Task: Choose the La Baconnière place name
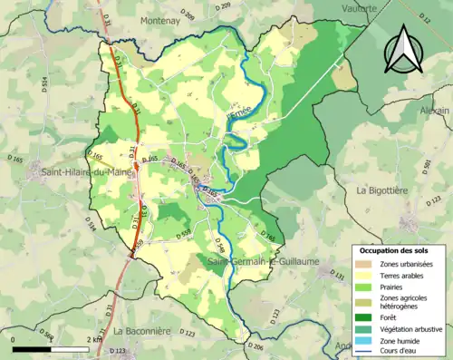point(142,332)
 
